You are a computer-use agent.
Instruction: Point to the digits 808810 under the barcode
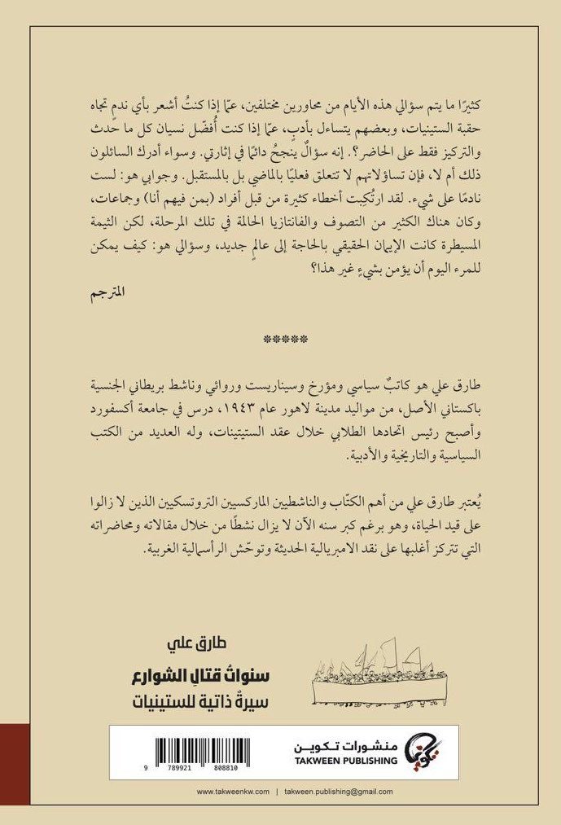coord(222,767)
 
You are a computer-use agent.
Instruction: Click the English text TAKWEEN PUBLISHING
coord(349,761)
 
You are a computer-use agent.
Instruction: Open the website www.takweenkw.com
coord(232,791)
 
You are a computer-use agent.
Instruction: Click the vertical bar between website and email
coord(276,791)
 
